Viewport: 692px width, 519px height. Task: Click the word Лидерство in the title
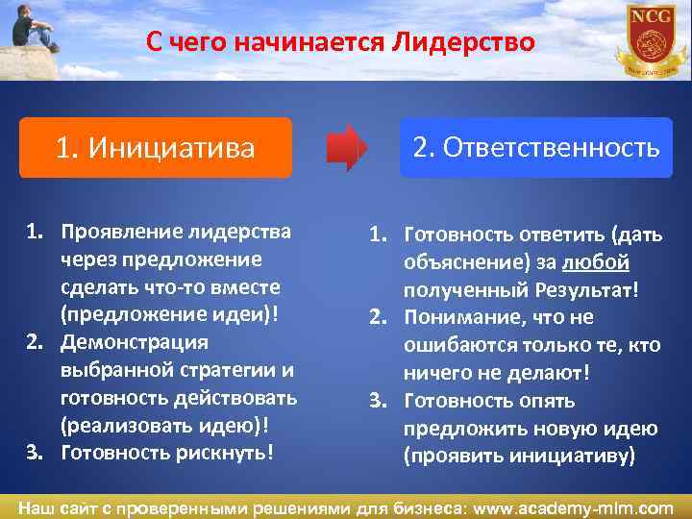click(462, 43)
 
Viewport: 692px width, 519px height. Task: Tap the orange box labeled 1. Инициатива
click(155, 148)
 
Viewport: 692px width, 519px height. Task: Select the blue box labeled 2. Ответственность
click(535, 147)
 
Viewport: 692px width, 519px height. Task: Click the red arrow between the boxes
click(346, 148)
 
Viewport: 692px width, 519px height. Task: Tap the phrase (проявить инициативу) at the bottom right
click(519, 456)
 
